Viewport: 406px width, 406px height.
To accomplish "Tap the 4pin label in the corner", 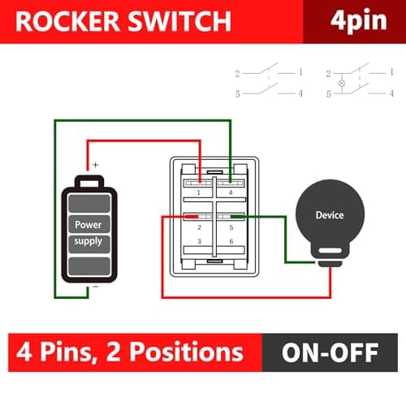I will (x=354, y=21).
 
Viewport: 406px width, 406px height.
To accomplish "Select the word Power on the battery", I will (x=89, y=224).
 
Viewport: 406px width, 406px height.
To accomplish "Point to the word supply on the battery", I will (x=89, y=241).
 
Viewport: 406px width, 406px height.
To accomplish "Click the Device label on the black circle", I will (x=329, y=215).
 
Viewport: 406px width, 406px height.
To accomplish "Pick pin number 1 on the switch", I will (x=199, y=193).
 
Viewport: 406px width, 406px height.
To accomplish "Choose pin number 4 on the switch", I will (x=231, y=193).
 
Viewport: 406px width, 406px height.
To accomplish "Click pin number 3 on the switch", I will (x=199, y=242).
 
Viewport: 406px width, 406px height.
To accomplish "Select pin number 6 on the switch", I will (x=231, y=242).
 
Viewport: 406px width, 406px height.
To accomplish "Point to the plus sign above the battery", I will (x=95, y=165).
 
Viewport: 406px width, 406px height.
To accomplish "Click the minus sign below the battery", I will (x=95, y=287).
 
